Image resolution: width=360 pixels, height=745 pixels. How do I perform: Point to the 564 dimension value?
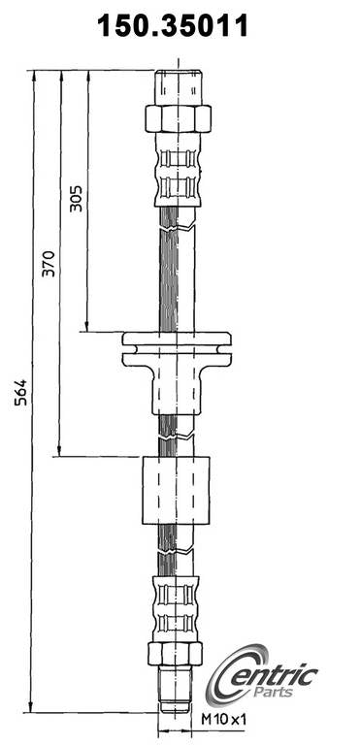(x=21, y=390)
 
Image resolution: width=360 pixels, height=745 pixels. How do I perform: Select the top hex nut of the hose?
(x=178, y=118)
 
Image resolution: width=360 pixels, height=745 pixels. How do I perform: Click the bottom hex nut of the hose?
(x=175, y=653)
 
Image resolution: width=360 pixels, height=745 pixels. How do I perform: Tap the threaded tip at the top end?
(x=178, y=85)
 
